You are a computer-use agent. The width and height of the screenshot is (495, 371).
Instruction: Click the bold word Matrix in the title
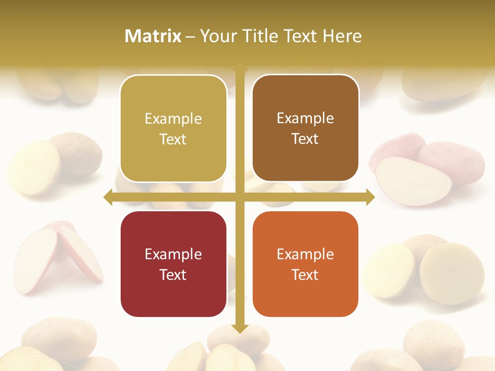pyautogui.click(x=153, y=36)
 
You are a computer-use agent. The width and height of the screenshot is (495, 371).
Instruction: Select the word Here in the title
pyautogui.click(x=342, y=36)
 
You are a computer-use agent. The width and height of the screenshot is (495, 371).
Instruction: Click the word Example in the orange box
pyautogui.click(x=305, y=254)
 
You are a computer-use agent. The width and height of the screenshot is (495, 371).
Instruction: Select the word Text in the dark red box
pyautogui.click(x=173, y=275)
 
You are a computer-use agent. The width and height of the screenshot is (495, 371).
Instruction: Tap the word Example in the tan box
pyautogui.click(x=173, y=119)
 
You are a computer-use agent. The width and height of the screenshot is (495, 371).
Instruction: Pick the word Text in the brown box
pyautogui.click(x=305, y=139)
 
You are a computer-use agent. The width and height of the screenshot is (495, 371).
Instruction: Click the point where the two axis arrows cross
pyautogui.click(x=240, y=197)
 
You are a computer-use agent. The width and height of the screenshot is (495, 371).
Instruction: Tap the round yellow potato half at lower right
pyautogui.click(x=452, y=266)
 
